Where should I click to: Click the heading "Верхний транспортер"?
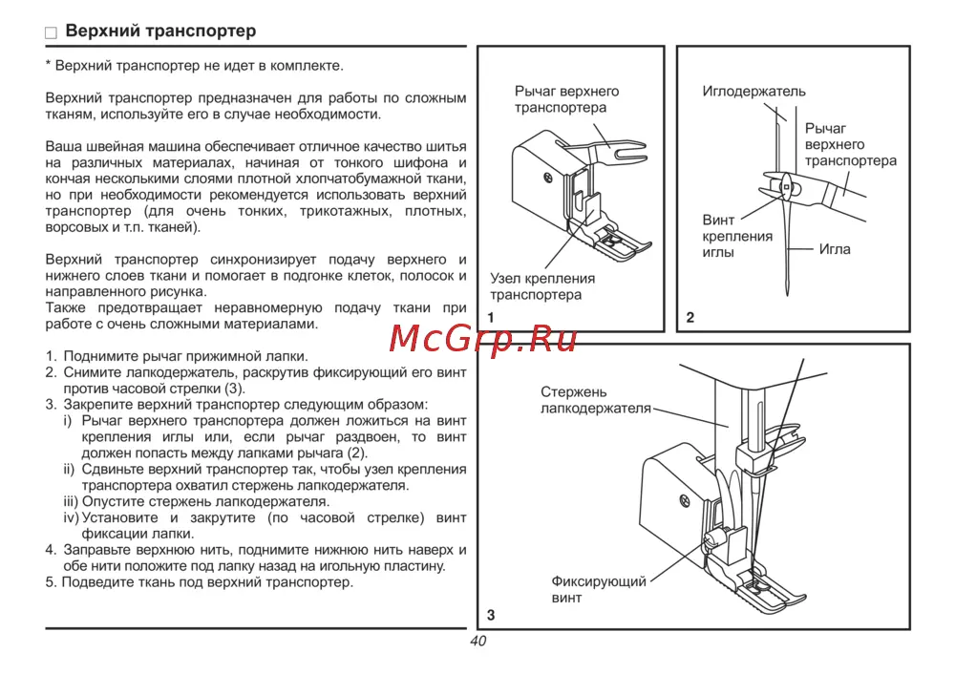160,32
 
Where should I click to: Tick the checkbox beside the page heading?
52,32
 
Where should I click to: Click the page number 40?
478,642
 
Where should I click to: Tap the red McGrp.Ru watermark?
482,339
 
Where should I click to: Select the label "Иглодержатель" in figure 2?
754,92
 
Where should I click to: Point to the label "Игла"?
835,249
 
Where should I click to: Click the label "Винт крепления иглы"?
737,236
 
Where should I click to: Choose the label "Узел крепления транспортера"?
542,286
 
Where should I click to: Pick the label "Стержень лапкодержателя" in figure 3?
596,400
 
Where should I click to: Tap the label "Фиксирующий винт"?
599,589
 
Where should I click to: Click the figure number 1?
491,317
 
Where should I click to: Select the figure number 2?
690,317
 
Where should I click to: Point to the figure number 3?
491,615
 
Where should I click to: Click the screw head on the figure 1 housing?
548,178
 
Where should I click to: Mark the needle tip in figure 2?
788,296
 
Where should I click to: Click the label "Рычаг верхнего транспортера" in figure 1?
566,99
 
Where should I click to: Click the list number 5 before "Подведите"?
50,582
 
